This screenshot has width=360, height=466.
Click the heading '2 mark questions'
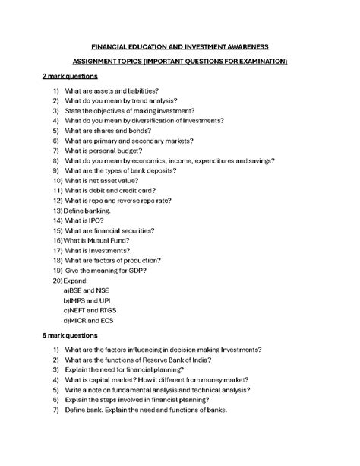point(70,77)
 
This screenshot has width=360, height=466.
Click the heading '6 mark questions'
point(70,334)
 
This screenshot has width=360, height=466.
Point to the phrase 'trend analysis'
point(155,101)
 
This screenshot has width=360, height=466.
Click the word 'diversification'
point(163,121)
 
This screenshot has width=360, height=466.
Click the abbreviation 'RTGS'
point(111,310)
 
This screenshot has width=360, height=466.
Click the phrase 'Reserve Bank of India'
point(178,360)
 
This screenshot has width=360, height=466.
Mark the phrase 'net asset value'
point(115,181)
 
